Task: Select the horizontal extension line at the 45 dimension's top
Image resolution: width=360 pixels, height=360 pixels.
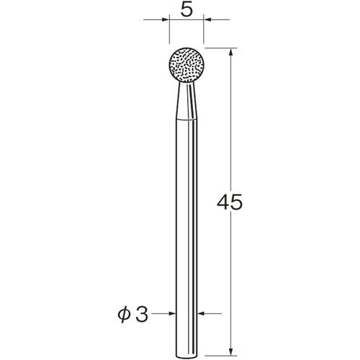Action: [216, 48]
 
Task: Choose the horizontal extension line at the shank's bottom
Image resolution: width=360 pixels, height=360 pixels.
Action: [216, 352]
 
